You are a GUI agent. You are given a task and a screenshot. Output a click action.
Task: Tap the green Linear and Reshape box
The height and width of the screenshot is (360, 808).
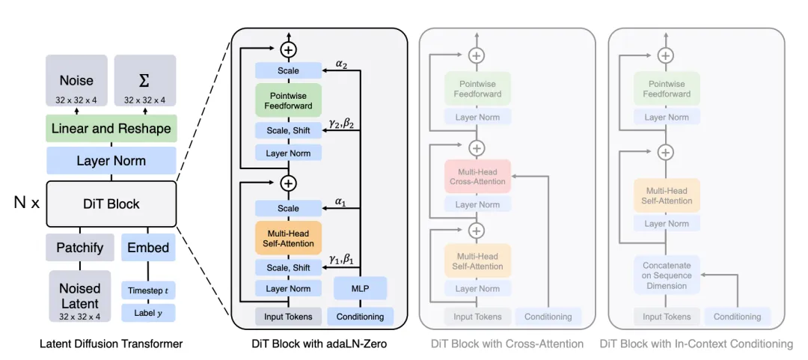(111, 129)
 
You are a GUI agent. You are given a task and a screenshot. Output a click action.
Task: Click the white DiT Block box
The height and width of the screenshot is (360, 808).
(111, 204)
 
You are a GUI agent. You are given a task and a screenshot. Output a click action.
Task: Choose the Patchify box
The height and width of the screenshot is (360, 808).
(79, 248)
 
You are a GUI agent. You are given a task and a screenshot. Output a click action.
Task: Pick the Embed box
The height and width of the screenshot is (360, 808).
(147, 248)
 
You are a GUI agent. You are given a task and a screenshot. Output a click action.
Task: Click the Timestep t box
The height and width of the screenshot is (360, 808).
(147, 290)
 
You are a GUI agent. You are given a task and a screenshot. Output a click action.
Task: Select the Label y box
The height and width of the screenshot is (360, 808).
(147, 313)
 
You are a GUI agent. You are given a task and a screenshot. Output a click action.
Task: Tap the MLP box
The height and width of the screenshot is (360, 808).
(361, 288)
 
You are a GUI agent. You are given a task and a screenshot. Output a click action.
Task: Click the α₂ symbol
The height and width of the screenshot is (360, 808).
(340, 64)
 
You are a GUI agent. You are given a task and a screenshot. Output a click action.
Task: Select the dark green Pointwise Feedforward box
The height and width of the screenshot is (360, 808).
(288, 100)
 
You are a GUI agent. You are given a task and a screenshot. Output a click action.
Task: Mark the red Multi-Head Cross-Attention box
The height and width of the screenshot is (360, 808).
(477, 176)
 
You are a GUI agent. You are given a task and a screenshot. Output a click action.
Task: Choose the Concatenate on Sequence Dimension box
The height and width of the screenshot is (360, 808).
(666, 275)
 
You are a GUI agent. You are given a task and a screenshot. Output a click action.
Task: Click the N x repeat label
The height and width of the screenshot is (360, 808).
(26, 203)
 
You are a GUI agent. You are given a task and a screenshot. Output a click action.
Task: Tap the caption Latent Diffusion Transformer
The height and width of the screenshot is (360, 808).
(111, 344)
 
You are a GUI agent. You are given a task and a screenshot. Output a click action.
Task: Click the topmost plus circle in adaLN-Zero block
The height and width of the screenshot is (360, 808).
(288, 49)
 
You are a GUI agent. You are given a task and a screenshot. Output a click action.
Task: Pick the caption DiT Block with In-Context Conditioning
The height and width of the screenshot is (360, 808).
(697, 344)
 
